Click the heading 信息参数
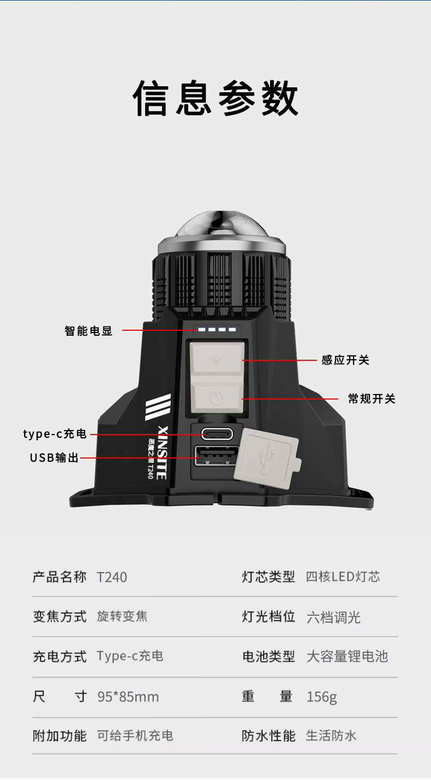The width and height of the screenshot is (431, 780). coord(215,98)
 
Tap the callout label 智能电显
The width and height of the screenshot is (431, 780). coord(88,331)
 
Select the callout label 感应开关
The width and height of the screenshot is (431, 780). coord(345,360)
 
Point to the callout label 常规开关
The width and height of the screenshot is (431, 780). coord(372,399)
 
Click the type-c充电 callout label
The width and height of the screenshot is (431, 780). coord(55,434)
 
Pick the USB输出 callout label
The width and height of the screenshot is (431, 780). coord(55,458)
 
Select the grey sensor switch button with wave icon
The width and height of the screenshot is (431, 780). coord(216,360)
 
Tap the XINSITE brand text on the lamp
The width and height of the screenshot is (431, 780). coord(161,452)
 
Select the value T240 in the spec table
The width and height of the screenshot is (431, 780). coord(112,577)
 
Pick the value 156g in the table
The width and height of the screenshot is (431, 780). coord(322,696)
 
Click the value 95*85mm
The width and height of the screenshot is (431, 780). coord(128,696)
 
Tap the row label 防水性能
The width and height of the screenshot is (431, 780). coord(268,736)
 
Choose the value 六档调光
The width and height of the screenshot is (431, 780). coord(333,617)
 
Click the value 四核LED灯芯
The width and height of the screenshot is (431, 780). coord(343,577)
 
